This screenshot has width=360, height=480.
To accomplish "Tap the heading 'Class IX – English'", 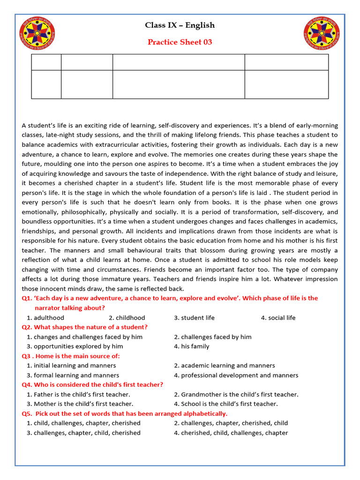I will (x=180, y=25).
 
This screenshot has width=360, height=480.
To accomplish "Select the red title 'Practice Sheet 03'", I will (x=180, y=42).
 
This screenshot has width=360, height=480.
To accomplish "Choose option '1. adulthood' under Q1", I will (x=45, y=318).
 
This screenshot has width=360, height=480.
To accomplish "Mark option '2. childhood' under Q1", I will (x=127, y=318).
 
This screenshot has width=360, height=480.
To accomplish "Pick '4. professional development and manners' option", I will (x=236, y=375).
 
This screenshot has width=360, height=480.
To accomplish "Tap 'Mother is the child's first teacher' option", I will (x=80, y=404).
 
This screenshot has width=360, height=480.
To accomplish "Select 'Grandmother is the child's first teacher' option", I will (x=236, y=394).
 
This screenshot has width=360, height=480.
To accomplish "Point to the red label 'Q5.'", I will (x=27, y=413).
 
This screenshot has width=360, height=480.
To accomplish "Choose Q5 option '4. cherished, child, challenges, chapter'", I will (x=231, y=433).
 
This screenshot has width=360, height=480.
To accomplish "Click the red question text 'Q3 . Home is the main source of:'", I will (x=71, y=356).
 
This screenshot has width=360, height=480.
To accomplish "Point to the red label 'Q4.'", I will (x=27, y=384).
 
